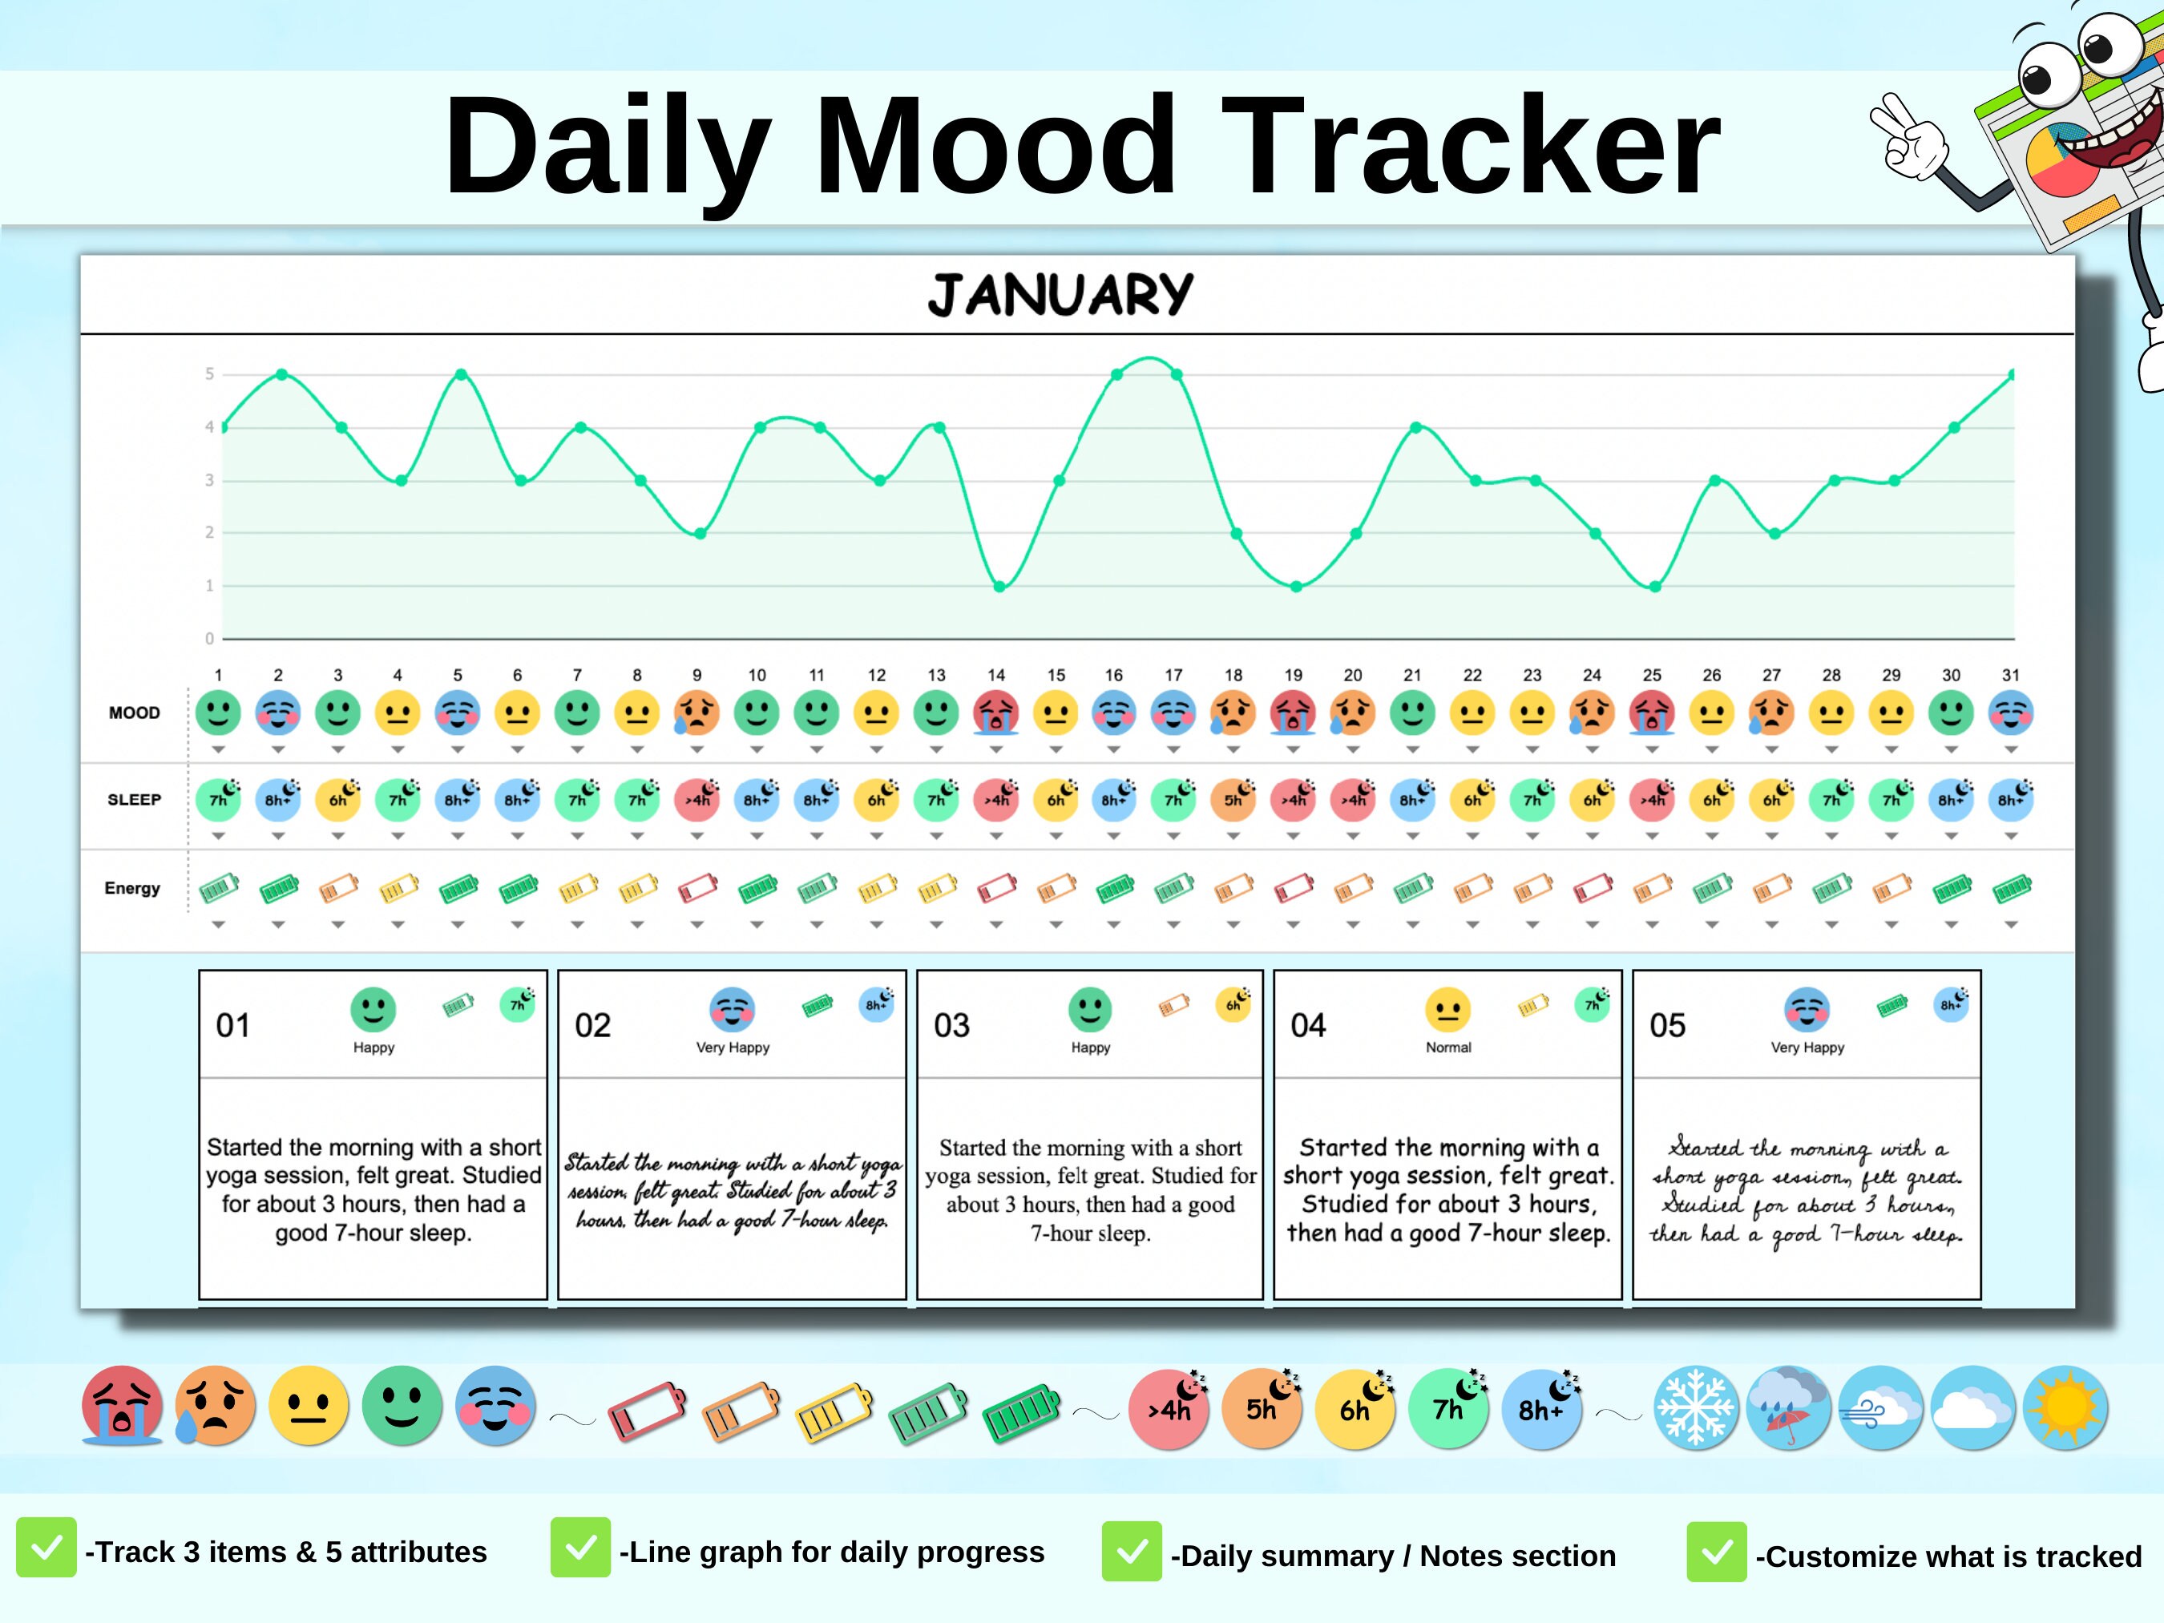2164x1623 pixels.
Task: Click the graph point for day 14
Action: (999, 587)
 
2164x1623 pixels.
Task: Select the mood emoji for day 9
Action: (696, 713)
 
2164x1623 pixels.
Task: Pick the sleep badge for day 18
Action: (1233, 798)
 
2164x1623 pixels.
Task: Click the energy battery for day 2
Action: (279, 888)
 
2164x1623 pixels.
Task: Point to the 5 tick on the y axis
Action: (209, 373)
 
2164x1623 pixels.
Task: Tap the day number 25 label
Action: (1651, 675)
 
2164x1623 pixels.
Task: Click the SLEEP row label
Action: (134, 799)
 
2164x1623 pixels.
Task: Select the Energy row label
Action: (132, 888)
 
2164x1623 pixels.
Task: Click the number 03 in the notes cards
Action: (951, 1025)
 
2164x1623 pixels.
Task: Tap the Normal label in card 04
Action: (1448, 1047)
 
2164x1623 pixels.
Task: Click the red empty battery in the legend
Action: (647, 1411)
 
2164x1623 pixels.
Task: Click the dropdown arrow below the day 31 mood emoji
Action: (2010, 749)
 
